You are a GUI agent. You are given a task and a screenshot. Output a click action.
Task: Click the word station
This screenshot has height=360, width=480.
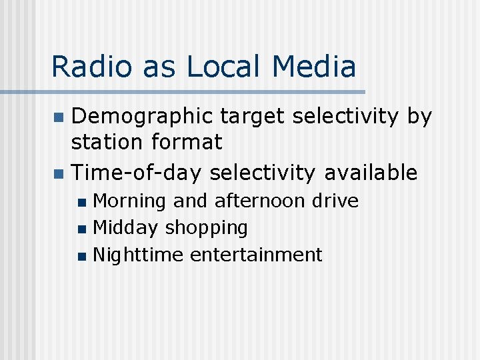(x=109, y=142)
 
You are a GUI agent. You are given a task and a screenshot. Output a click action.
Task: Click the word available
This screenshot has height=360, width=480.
(x=371, y=173)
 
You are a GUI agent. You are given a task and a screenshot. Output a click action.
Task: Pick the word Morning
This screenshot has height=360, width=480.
(x=129, y=201)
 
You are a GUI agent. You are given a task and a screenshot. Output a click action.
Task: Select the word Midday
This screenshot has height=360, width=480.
(x=125, y=228)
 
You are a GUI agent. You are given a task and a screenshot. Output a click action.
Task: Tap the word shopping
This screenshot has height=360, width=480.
(x=206, y=229)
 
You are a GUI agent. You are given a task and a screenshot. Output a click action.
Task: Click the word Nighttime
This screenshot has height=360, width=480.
(x=138, y=255)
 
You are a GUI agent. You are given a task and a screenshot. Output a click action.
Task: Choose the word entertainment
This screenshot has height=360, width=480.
(x=256, y=255)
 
